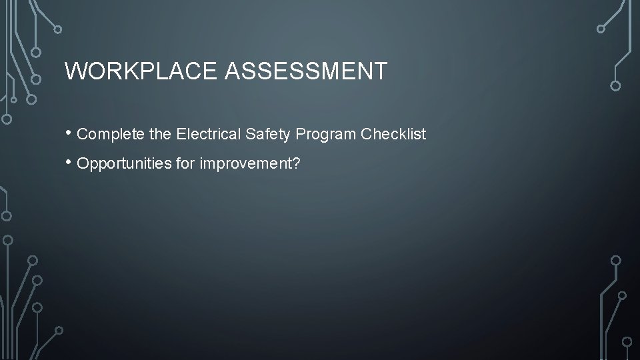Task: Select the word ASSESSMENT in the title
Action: tap(306, 71)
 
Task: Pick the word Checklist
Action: tap(393, 134)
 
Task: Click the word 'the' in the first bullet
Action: tap(161, 134)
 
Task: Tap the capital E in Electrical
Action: tap(181, 134)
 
